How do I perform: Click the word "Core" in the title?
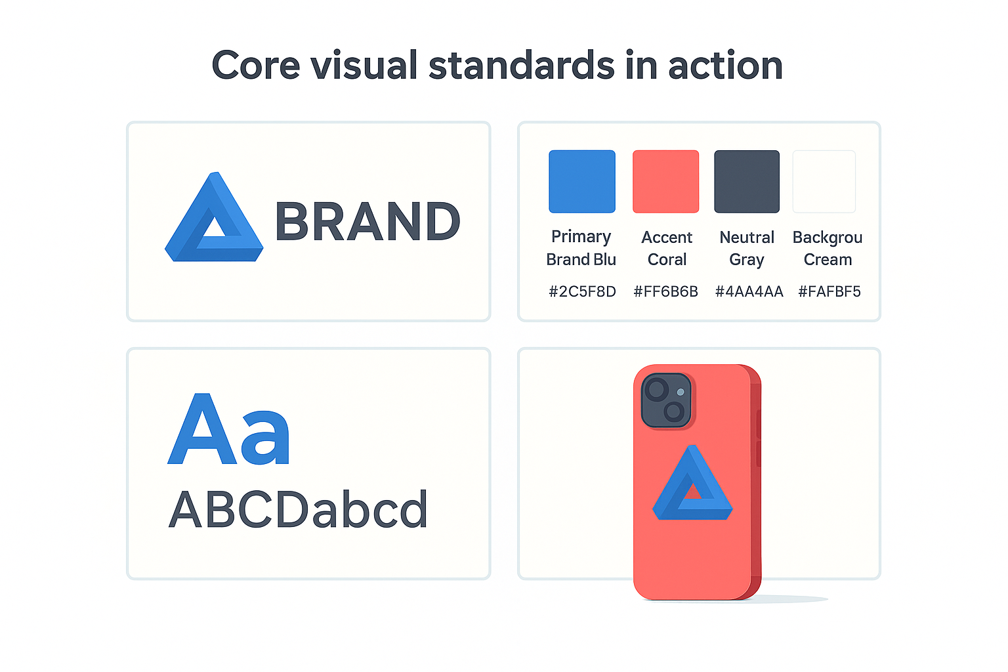[255, 66]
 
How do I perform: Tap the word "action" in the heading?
[725, 66]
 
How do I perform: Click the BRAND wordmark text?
[367, 222]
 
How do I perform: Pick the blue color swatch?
[582, 181]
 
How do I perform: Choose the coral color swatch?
[665, 181]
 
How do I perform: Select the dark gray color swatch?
[747, 181]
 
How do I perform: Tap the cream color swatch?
[824, 181]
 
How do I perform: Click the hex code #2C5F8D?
[582, 291]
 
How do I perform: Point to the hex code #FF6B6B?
[665, 291]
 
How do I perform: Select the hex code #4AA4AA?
[749, 291]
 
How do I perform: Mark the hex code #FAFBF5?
[829, 291]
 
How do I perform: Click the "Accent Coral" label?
[667, 248]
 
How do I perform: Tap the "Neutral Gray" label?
[747, 248]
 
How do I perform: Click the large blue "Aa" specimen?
[229, 429]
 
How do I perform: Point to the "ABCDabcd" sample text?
[299, 510]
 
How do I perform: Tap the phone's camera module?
[666, 400]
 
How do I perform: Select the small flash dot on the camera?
[681, 392]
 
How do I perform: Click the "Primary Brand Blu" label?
[581, 248]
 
